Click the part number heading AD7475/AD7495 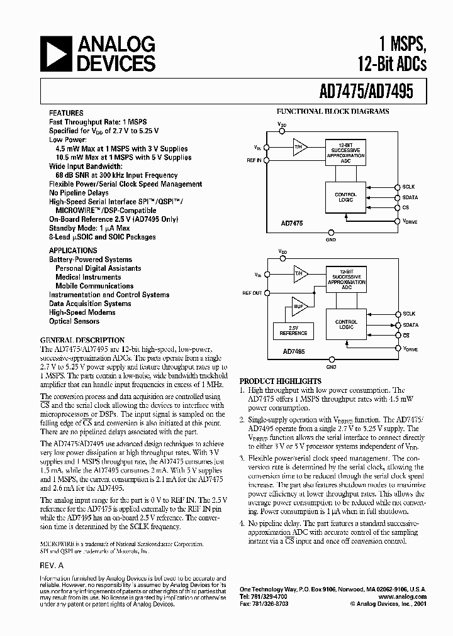coord(361,90)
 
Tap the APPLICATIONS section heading coord(73,249)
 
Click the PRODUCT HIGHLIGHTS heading coord(280,381)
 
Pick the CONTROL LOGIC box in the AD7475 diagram coord(345,197)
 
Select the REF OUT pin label coord(252,293)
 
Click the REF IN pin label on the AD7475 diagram coord(254,161)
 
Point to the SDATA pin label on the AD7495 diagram coord(410,325)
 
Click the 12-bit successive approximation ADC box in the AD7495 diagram coord(345,277)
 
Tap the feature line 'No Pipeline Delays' coord(79,193)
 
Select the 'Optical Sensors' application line coord(74,321)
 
